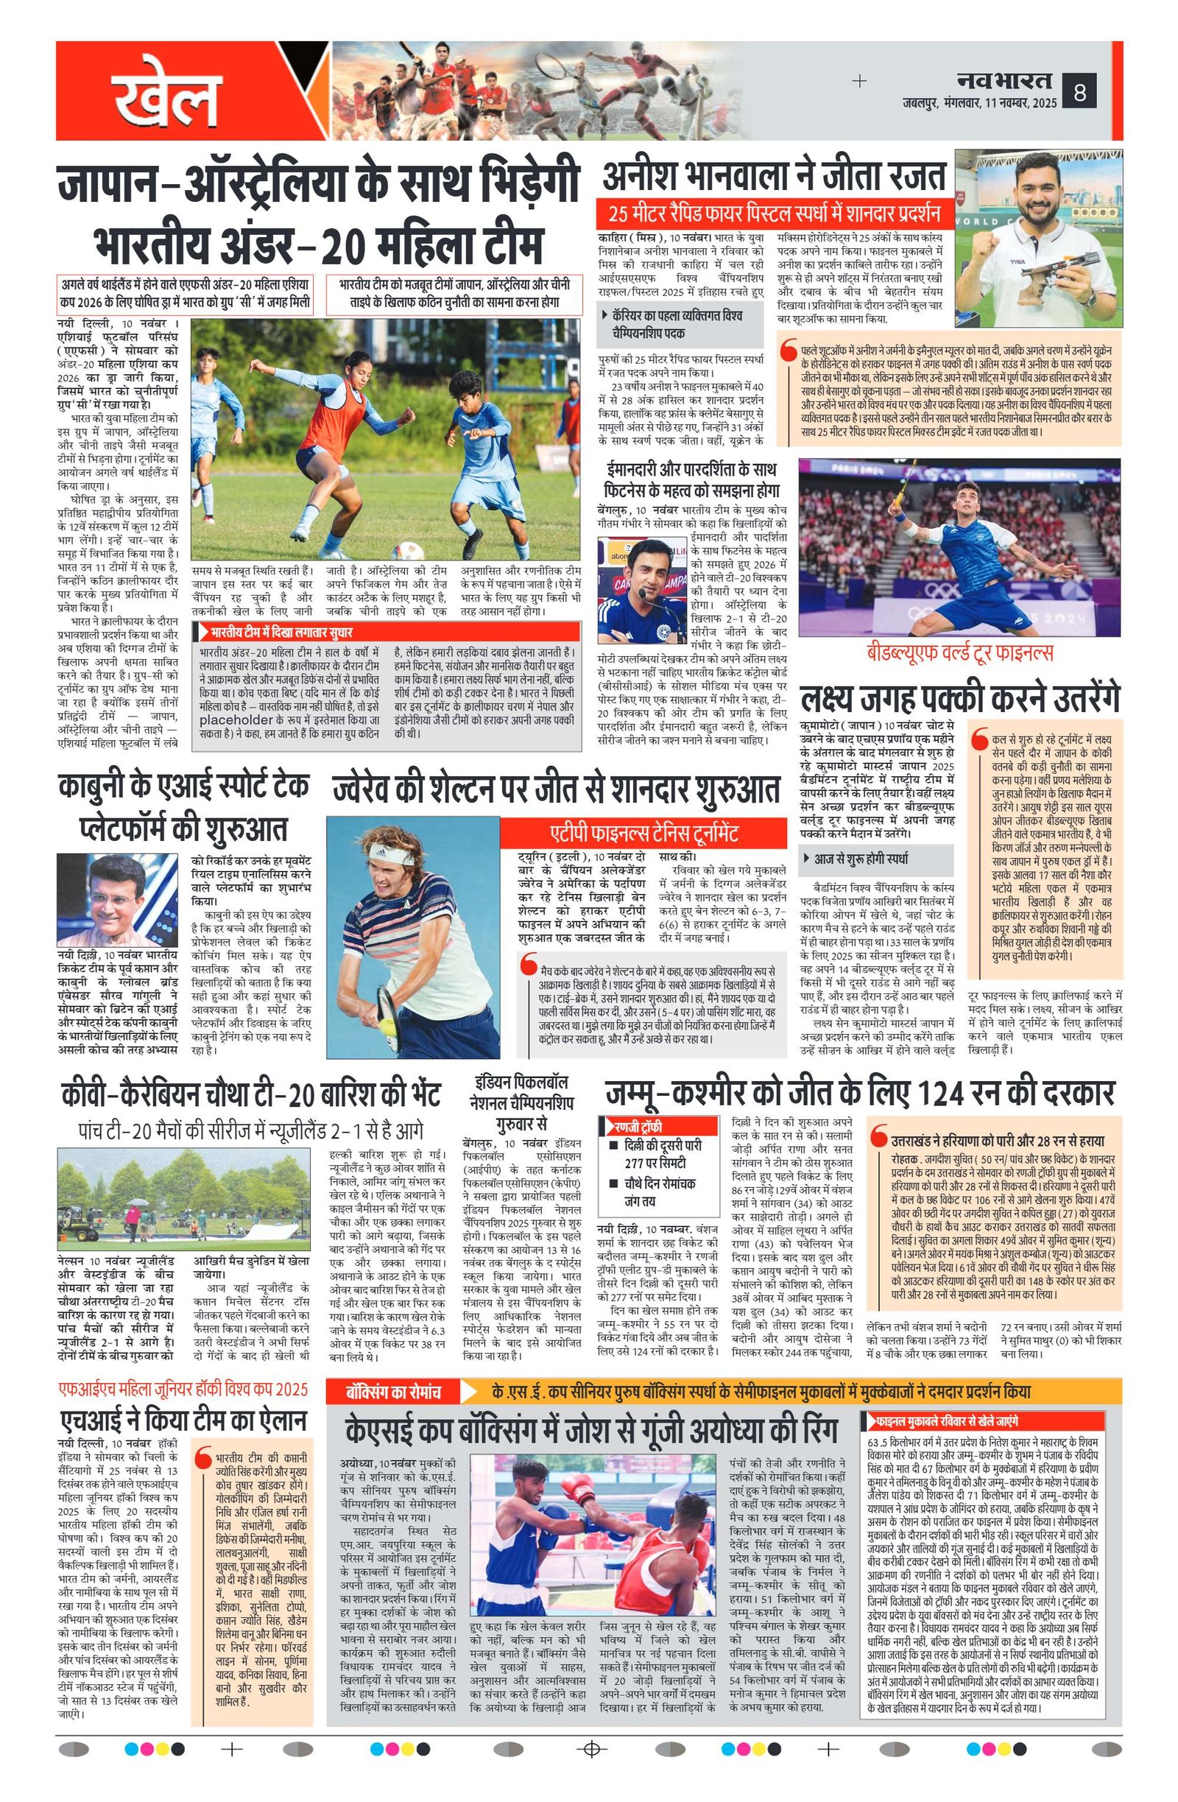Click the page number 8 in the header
click(1079, 93)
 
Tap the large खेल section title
click(167, 99)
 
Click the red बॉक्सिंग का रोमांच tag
click(395, 1392)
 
